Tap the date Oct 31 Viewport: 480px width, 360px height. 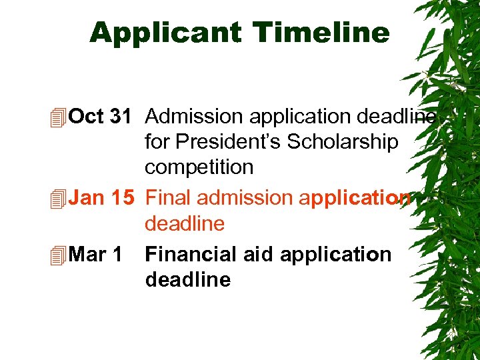click(x=99, y=117)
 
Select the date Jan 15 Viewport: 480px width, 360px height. click(x=101, y=198)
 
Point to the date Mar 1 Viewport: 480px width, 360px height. click(x=95, y=254)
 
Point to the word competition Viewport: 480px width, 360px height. click(x=199, y=167)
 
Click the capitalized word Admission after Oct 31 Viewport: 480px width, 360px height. click(x=194, y=117)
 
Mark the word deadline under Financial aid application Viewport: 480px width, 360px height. click(x=187, y=279)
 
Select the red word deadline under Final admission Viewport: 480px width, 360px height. click(x=185, y=223)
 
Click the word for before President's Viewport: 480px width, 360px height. click(x=157, y=142)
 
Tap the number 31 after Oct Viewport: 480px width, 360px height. click(x=119, y=117)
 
